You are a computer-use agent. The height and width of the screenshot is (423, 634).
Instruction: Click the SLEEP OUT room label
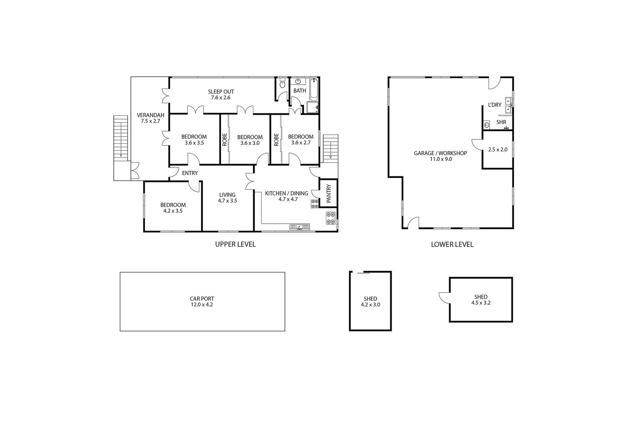pos(221,92)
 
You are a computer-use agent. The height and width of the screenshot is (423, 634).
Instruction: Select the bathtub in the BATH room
pos(314,90)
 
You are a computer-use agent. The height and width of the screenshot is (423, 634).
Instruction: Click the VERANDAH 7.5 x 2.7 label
pos(150,118)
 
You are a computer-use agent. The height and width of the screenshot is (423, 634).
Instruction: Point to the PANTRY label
pos(329,193)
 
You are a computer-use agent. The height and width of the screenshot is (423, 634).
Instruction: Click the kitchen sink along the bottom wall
pos(299,227)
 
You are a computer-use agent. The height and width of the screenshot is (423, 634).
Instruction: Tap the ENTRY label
pos(190,173)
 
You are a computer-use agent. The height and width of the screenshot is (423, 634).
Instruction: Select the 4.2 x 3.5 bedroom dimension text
pos(173,211)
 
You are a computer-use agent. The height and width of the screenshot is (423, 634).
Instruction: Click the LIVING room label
pos(227,195)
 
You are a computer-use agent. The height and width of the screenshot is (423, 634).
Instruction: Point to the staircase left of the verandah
pos(121,137)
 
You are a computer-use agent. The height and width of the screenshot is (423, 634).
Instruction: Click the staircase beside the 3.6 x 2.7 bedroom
pos(331,147)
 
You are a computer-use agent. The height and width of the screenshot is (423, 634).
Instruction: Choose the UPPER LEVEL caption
pos(235,244)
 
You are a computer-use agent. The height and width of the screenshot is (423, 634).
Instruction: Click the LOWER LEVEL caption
pos(452,244)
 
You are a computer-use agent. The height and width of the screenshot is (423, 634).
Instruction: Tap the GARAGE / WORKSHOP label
pos(440,153)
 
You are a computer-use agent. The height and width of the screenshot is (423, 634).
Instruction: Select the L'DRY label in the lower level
pos(495,105)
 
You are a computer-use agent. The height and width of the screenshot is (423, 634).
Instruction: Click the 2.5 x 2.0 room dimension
pos(498,150)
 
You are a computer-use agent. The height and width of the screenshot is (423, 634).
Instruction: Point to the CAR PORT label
pos(202,299)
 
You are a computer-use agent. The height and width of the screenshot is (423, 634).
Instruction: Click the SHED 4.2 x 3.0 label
pos(370,302)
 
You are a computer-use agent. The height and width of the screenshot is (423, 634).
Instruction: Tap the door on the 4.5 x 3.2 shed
pos(445,298)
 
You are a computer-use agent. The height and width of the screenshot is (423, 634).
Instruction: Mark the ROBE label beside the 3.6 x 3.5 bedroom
pos(225,140)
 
